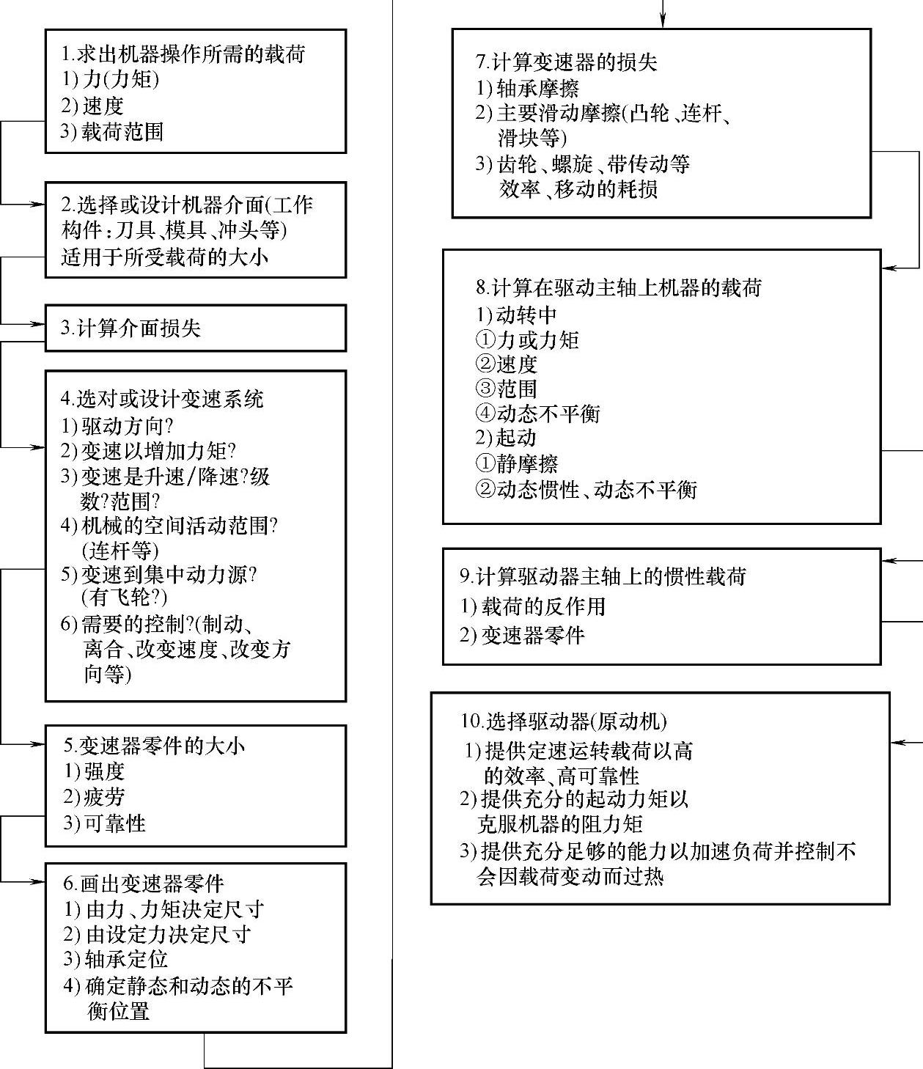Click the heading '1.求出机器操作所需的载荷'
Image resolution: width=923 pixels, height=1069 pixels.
click(x=183, y=54)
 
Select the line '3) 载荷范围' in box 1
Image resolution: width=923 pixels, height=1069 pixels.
click(x=112, y=132)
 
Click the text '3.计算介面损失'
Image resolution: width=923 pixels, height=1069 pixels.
click(x=130, y=328)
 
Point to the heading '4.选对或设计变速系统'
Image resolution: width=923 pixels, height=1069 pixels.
click(x=162, y=399)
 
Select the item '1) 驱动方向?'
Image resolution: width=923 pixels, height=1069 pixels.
click(x=117, y=426)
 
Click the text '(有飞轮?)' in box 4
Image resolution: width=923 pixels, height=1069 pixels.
click(x=124, y=597)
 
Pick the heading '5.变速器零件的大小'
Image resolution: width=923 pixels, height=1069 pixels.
click(x=154, y=746)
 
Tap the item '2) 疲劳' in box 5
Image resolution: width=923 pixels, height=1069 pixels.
click(x=94, y=797)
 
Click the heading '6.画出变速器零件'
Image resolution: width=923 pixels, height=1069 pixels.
click(x=144, y=884)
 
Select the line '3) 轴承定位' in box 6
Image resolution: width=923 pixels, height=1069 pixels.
click(x=116, y=959)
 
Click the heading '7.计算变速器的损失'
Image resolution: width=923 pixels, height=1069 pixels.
click(x=567, y=62)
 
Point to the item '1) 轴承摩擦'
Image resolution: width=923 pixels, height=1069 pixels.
click(x=528, y=89)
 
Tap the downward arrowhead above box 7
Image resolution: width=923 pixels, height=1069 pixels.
click(x=663, y=22)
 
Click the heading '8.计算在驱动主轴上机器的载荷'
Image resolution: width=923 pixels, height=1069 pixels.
click(x=619, y=287)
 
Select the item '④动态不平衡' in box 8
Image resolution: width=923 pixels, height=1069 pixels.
click(x=538, y=414)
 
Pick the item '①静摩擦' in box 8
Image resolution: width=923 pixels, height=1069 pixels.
click(x=517, y=463)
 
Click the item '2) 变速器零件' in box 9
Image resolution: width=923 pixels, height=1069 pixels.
click(x=523, y=635)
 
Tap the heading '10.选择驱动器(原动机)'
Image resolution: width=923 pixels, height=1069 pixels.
click(x=564, y=721)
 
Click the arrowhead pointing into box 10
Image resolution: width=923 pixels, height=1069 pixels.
click(x=897, y=743)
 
